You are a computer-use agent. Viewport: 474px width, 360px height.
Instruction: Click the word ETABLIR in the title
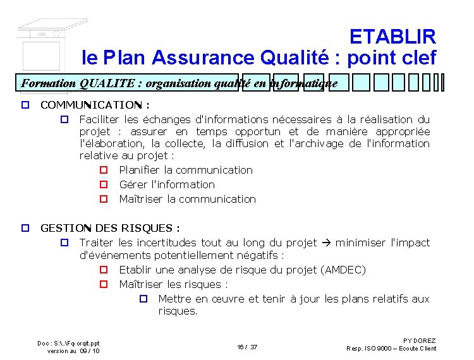point(392,36)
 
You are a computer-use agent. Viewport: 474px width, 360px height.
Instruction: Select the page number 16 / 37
point(247,347)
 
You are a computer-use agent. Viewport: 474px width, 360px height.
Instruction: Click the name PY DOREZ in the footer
point(419,341)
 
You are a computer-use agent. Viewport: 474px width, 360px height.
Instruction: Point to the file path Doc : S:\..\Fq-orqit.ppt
point(68,343)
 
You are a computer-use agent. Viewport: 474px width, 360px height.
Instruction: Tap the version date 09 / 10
point(90,351)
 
